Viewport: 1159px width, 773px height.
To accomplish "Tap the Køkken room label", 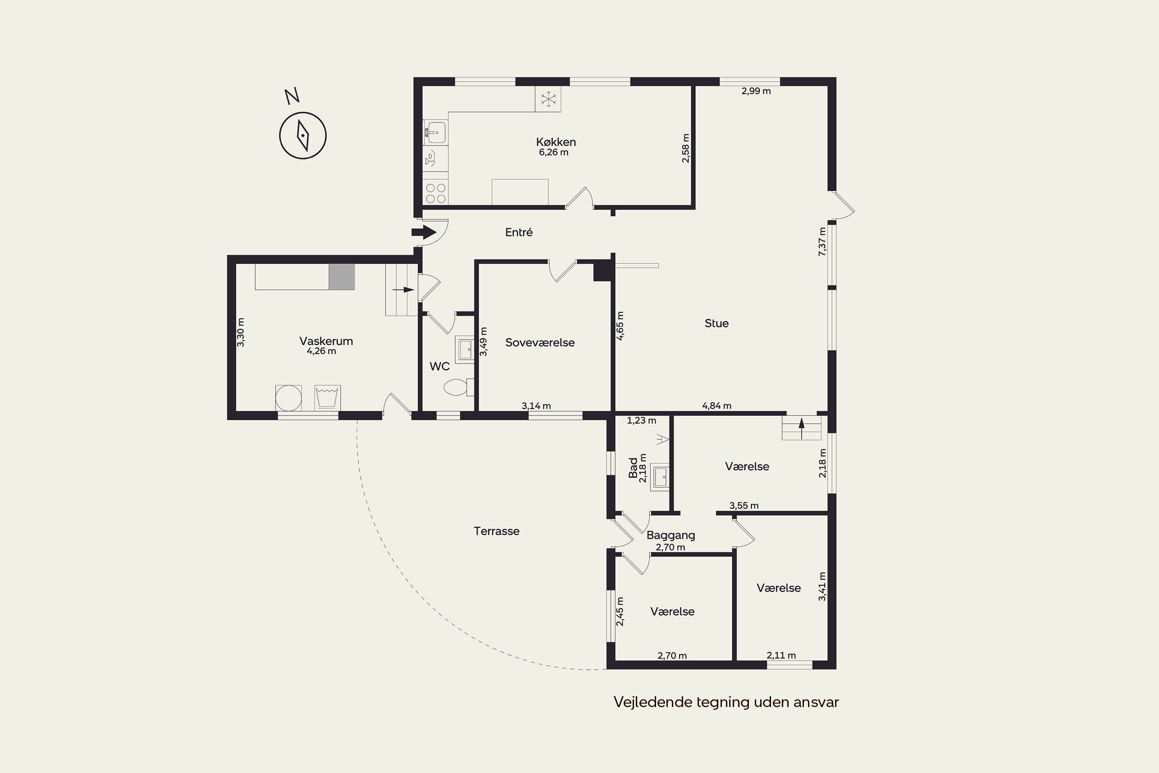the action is [x=556, y=142].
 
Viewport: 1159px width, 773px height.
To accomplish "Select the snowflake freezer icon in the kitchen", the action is [x=548, y=99].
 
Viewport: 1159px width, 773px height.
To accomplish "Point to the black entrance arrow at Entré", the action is [x=424, y=233].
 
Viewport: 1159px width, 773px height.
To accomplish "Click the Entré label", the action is [x=519, y=232].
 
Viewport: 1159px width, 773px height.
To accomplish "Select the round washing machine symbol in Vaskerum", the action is [x=288, y=397].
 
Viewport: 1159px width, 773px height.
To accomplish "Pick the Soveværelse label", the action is [x=540, y=342].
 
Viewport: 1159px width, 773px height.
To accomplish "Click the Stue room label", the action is [x=717, y=324].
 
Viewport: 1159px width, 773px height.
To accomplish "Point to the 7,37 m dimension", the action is [x=822, y=242].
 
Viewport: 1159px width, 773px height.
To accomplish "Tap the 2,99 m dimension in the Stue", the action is [x=756, y=91].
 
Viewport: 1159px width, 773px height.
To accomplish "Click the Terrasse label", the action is [x=497, y=531].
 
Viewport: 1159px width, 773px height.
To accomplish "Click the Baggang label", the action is [x=671, y=535].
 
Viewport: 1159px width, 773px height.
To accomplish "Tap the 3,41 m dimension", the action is [x=822, y=586].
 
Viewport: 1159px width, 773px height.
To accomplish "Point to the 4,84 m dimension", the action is [x=717, y=406].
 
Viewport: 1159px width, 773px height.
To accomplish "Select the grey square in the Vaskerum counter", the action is [x=342, y=277].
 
